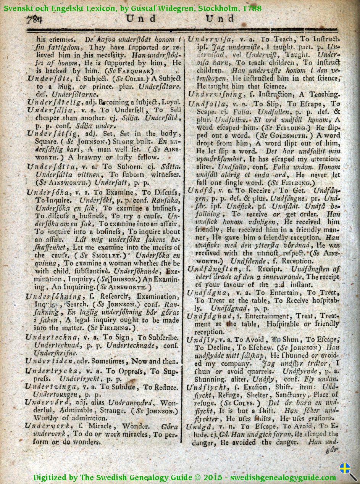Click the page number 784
34,19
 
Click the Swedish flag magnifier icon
347,471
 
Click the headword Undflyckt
208,386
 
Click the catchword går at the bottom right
333,450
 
